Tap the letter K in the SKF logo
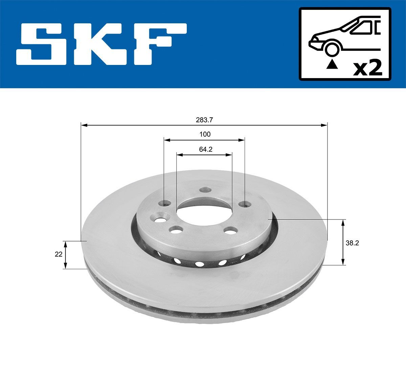pyautogui.click(x=101, y=44)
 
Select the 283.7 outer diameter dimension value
pyautogui.click(x=204, y=119)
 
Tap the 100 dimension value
pyautogui.click(x=205, y=134)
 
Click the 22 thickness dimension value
pyautogui.click(x=59, y=254)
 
